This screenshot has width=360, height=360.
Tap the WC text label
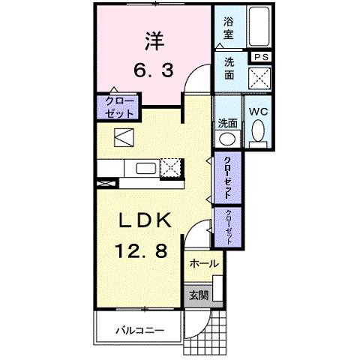coord(257,112)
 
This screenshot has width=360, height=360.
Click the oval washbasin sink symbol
coord(227,139)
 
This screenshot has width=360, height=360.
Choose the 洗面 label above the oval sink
coord(227,123)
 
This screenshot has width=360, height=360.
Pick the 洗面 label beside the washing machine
coord(228,69)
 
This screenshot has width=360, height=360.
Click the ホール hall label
coord(203,264)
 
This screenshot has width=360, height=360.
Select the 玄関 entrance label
coord(198,294)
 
